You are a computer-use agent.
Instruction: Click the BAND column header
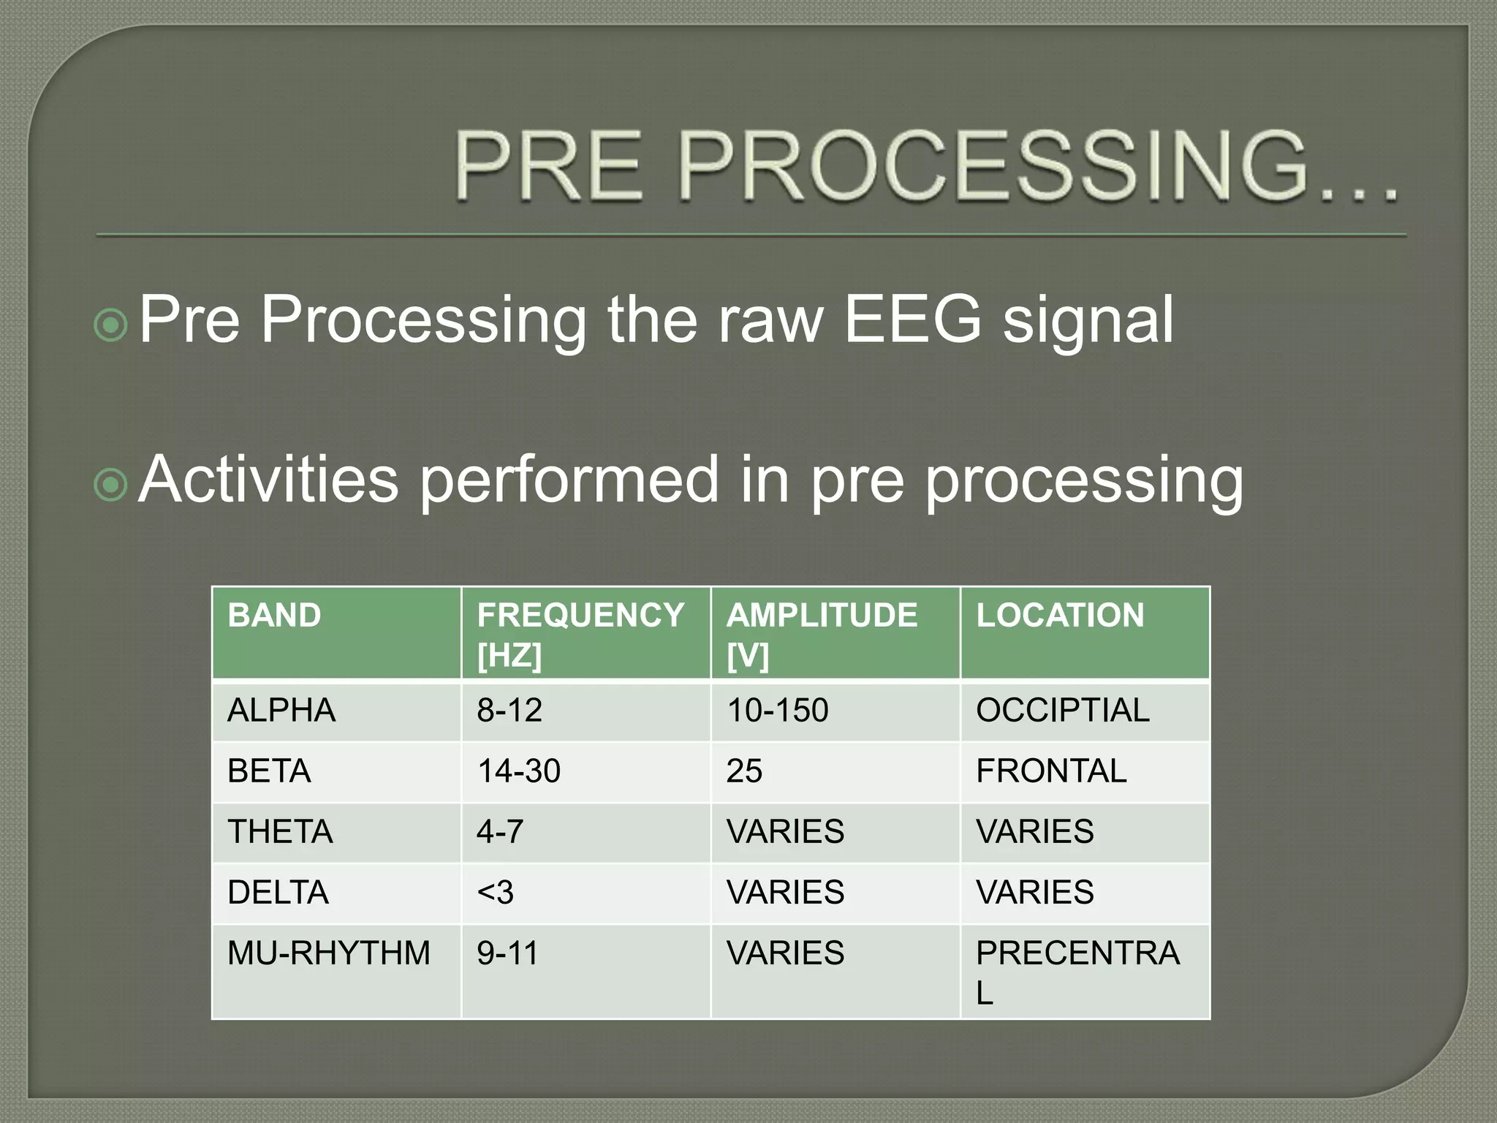pos(274,616)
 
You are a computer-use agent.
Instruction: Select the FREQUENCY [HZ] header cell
pos(580,634)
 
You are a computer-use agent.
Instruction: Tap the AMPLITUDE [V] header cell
pos(822,634)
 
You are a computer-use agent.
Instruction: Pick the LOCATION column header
pos(1060,616)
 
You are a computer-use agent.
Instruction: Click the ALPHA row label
pos(281,711)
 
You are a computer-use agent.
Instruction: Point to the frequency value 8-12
pos(509,711)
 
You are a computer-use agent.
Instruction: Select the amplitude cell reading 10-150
pos(778,711)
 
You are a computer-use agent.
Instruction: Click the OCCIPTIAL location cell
pos(1063,711)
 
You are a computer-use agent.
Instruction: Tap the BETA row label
pos(269,771)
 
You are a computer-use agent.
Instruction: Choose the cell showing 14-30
pos(519,771)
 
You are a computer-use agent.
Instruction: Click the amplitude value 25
pos(744,771)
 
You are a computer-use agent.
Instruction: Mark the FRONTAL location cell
pos(1051,771)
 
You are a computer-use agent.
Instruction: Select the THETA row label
pos(280,832)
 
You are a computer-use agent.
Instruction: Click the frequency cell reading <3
pos(496,893)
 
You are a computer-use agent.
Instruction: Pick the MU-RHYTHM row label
pos(329,953)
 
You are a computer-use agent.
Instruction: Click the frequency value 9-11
pos(507,953)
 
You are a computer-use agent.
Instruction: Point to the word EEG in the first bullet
pos(912,319)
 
